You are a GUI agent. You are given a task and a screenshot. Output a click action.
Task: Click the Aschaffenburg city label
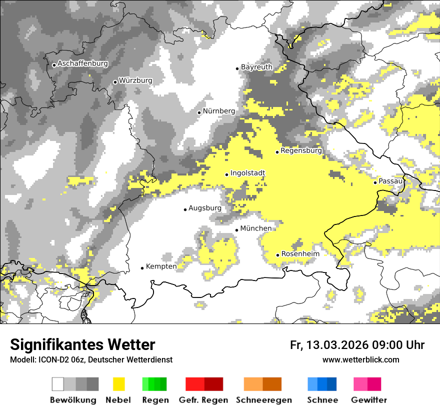pos(82,63)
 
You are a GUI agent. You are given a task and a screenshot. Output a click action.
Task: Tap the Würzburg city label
pos(135,80)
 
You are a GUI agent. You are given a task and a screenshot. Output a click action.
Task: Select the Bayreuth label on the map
pos(256,67)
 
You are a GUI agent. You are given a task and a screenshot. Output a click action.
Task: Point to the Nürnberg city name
pos(218,111)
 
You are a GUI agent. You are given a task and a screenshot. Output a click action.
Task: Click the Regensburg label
pos(301,150)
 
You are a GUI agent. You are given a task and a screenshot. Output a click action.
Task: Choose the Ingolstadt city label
pos(247,173)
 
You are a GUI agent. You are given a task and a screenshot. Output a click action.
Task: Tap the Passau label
pos(390,181)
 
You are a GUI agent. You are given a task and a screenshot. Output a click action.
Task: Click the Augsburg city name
pos(204,208)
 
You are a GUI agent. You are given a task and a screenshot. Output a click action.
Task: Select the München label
pos(255,228)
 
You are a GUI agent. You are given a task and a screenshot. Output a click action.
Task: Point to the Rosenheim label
pos(300,254)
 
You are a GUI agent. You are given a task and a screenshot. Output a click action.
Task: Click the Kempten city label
pos(161,266)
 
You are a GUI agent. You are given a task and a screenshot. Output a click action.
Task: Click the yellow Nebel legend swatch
pos(119,384)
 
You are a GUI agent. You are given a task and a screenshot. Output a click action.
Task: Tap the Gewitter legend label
pos(368,400)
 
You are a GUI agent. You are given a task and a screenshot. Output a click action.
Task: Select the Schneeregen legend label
pos(263,400)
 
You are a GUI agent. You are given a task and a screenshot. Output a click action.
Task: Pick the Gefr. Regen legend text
pos(203,400)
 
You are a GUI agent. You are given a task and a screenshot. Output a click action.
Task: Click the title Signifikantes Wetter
pos(82,344)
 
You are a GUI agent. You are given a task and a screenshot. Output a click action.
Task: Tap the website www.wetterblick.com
pos(360,359)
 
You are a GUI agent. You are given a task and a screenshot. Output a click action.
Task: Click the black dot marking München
pos(236,230)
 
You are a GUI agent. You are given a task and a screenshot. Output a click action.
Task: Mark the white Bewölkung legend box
pos(58,384)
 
